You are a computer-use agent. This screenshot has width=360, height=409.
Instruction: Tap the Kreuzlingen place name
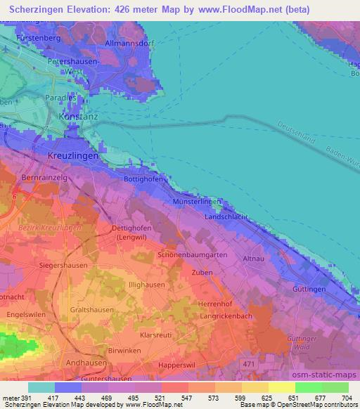coord(68,155)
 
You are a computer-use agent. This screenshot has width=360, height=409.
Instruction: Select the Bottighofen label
coord(143,179)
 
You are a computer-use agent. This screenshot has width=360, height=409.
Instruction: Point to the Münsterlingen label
coord(197,202)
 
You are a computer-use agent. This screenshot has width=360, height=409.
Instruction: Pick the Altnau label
coord(253,259)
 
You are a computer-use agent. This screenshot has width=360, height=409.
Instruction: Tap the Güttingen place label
coord(309,289)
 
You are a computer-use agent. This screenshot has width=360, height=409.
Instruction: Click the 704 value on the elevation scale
coord(345,398)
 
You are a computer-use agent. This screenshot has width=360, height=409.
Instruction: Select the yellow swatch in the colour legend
coord(281,387)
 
